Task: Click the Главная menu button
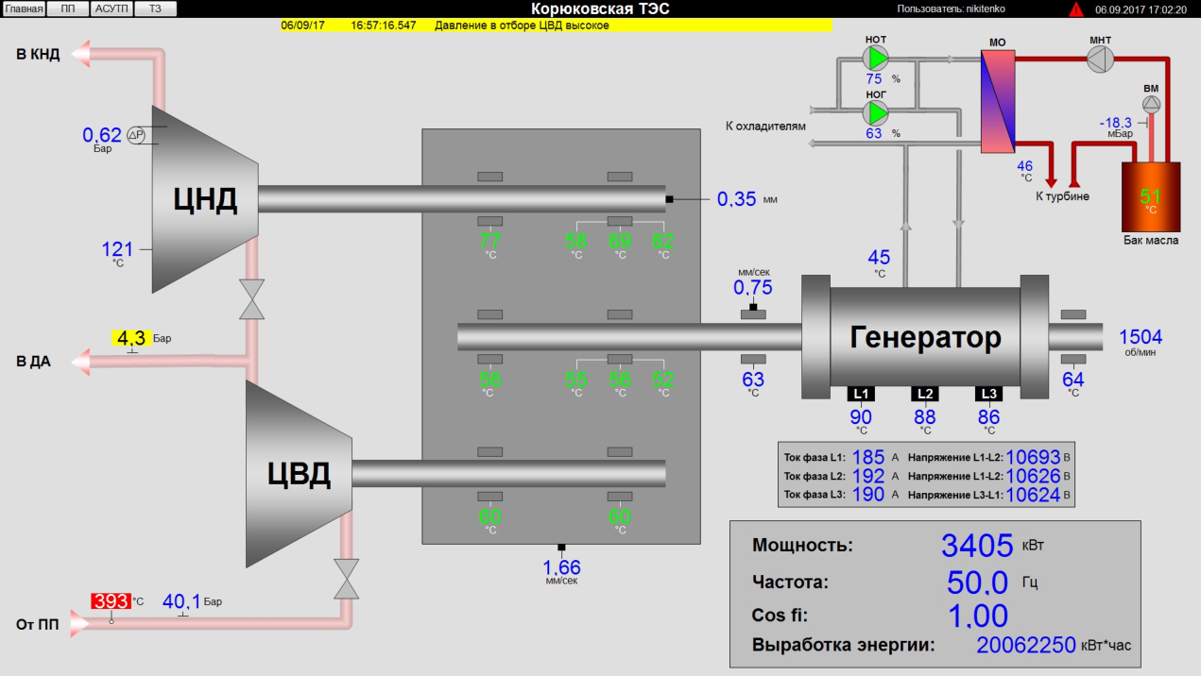pos(25,8)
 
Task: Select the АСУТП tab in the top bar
pos(112,8)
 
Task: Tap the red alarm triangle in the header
pos(1076,9)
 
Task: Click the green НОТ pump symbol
pos(878,59)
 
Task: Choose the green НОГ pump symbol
pos(878,113)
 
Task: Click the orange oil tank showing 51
pos(1150,197)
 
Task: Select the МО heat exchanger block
pos(997,101)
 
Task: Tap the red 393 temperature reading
pos(111,600)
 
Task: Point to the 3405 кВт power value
pos(976,545)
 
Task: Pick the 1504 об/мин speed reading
pos(1141,337)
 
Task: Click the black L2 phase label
pos(925,394)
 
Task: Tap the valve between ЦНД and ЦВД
pos(251,298)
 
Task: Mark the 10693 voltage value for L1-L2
pos(1033,457)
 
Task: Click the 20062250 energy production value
pos(1026,646)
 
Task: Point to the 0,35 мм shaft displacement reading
pos(737,199)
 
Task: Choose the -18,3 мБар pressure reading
pos(1116,123)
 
